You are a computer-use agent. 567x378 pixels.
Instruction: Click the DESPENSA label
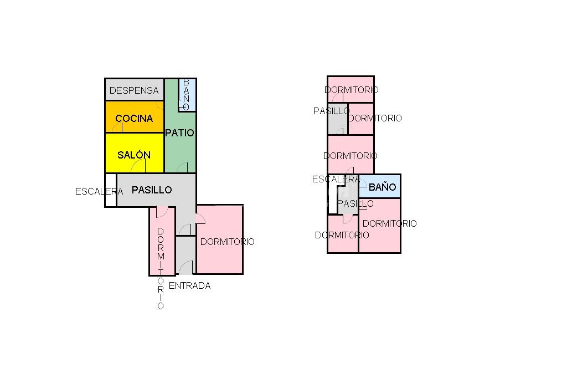coord(134,90)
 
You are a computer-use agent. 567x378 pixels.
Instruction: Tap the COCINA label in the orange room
coord(134,119)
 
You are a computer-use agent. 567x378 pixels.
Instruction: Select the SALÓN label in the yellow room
coord(134,155)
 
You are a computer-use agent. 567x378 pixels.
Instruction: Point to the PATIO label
coord(180,133)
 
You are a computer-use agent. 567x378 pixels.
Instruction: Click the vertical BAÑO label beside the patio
coord(186,94)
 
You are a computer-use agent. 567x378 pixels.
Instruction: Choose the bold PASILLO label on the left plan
coord(152,190)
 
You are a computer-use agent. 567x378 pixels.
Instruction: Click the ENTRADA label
coord(189,285)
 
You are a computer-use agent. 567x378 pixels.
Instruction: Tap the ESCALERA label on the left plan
coord(99,191)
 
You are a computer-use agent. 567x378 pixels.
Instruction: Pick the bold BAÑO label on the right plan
coord(382,187)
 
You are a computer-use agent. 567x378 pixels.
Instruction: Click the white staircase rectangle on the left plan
coord(111,190)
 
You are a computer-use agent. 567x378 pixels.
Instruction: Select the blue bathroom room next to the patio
coord(187,95)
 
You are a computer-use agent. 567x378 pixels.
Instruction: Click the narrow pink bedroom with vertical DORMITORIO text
coord(162,241)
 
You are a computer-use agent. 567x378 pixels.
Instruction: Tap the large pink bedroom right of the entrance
coord(219,239)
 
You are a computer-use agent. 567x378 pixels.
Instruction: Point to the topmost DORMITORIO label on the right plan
coord(352,90)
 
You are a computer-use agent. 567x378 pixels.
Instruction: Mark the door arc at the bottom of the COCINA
coord(117,127)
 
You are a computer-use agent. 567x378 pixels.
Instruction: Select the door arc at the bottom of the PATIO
coord(182,167)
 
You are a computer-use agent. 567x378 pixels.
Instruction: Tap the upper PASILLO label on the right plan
coord(331,111)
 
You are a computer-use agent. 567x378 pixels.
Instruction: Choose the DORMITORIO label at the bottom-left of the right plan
coord(342,236)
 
